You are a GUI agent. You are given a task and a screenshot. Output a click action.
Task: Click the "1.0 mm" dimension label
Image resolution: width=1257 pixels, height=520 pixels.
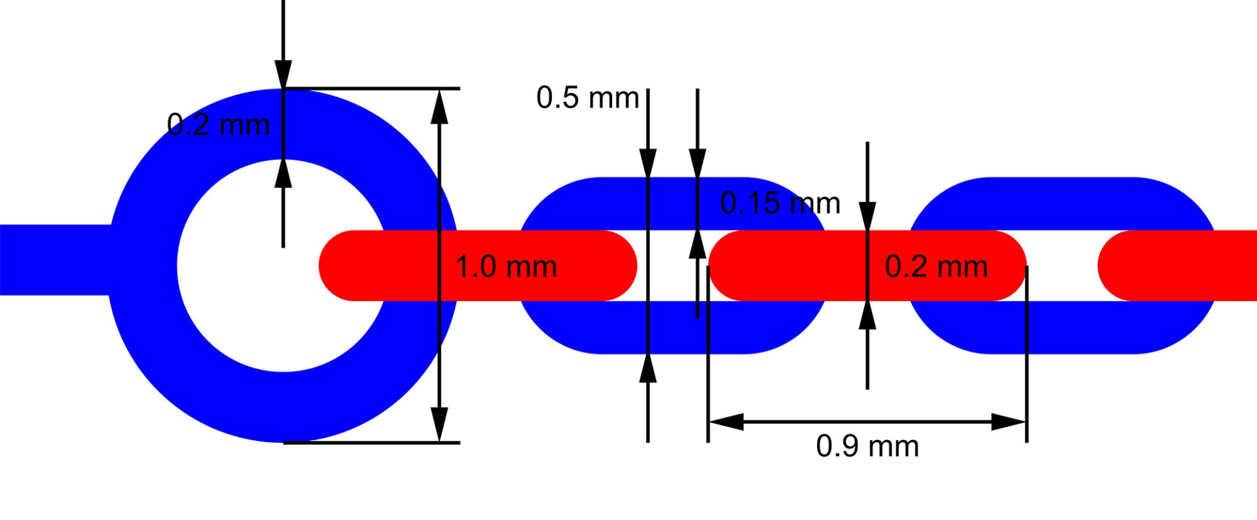coord(505,267)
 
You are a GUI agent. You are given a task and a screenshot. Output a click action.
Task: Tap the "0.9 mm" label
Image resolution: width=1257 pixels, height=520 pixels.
coord(867,447)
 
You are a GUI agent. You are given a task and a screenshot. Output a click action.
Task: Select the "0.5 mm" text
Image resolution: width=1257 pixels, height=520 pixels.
coord(587,98)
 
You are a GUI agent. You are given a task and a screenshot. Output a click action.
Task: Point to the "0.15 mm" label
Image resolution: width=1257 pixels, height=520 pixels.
coord(780,204)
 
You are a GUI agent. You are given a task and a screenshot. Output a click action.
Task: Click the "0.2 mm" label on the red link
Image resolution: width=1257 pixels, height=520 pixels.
coord(936,267)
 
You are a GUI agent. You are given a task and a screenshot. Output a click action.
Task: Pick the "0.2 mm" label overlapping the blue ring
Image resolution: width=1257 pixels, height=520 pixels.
coord(218,125)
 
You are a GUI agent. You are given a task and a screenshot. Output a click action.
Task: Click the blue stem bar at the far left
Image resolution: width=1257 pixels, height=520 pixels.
coord(56,260)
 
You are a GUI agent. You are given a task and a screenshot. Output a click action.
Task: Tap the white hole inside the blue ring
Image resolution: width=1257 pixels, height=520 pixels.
coord(283,266)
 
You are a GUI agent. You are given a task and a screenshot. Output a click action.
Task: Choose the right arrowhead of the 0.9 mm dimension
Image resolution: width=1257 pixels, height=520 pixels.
coord(1008,422)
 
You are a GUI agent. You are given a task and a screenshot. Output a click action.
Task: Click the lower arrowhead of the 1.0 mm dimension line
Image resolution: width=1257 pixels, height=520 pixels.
coord(440,424)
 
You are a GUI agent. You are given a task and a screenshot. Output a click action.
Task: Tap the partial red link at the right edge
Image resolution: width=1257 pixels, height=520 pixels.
coord(1177,266)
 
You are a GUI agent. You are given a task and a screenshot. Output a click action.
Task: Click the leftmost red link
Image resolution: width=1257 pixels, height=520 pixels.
coord(478,266)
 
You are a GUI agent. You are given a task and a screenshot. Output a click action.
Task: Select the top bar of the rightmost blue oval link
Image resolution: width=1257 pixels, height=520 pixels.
coord(1062,204)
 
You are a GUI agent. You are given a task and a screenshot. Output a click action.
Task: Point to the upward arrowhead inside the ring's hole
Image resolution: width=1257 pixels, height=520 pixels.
coord(283,174)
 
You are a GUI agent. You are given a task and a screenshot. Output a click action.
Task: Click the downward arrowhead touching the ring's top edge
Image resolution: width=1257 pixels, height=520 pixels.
coord(283,74)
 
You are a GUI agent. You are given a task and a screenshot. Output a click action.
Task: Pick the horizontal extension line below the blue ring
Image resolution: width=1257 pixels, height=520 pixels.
coord(371,443)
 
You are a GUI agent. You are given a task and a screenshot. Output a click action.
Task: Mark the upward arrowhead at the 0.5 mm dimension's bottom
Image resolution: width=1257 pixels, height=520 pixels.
coord(647,368)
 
